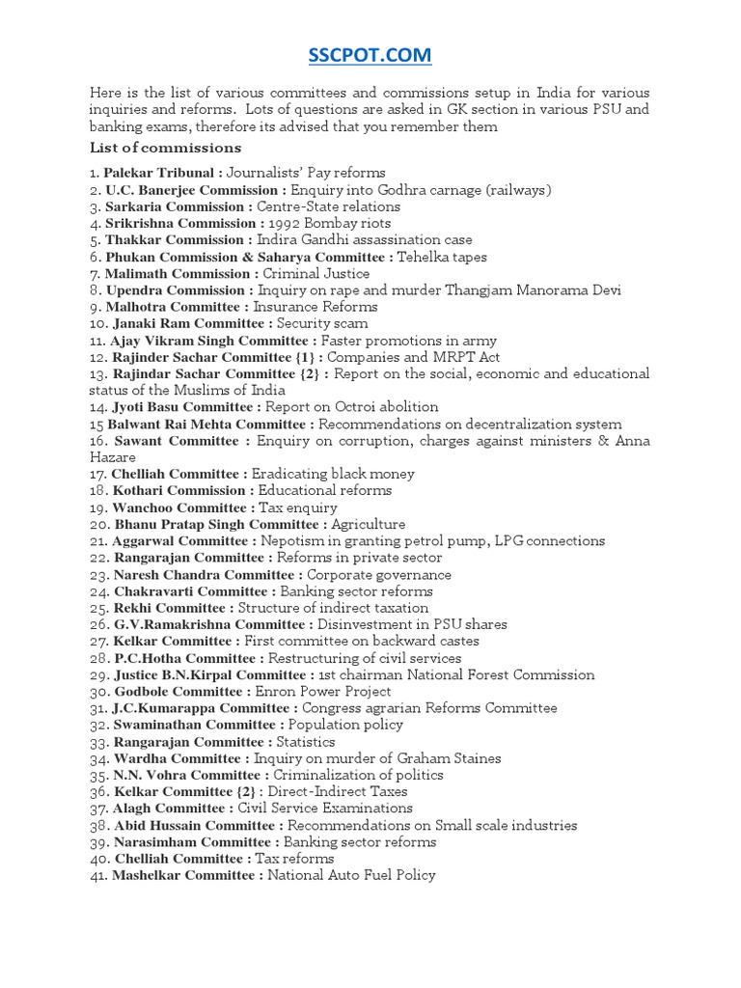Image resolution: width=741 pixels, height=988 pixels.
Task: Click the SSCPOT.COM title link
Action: [370, 56]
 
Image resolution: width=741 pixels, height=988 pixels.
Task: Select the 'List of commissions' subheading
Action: [165, 148]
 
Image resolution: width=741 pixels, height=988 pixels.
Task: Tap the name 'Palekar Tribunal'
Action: [159, 173]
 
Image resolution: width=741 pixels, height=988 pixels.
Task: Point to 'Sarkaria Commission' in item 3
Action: [178, 206]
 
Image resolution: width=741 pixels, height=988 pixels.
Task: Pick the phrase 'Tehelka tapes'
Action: [443, 257]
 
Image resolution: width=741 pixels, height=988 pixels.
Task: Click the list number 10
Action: [98, 324]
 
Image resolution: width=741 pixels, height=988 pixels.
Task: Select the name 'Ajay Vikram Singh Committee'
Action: [211, 341]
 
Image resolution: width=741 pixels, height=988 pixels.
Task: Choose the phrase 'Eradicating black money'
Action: [333, 475]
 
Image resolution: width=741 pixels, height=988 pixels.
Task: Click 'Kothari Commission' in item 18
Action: [178, 491]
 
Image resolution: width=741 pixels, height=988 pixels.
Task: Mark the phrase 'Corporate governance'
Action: [379, 575]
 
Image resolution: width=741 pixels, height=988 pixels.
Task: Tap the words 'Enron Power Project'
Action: [323, 692]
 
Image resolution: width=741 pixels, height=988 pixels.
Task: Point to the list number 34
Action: [98, 758]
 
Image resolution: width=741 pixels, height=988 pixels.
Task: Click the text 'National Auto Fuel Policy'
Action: [351, 875]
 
